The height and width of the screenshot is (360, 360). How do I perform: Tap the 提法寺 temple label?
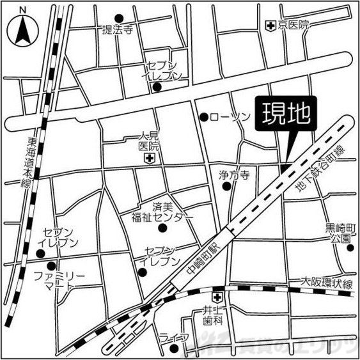point(117,29)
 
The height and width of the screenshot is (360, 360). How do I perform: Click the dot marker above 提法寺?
point(118,18)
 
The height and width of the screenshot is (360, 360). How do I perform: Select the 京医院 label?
point(293,25)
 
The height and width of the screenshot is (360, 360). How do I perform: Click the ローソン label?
point(228,117)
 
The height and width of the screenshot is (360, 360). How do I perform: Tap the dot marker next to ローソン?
point(204,117)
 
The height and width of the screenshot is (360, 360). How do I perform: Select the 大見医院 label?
point(149,141)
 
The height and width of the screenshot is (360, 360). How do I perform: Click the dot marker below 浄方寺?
point(226,187)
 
